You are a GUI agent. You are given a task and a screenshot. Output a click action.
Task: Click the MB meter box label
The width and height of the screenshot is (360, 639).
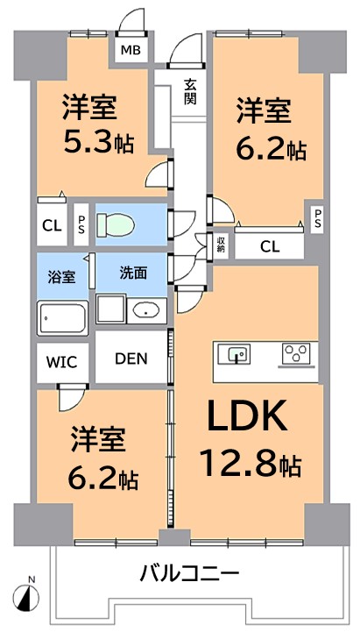pos(131,50)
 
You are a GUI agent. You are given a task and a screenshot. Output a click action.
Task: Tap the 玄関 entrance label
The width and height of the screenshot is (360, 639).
pos(189,92)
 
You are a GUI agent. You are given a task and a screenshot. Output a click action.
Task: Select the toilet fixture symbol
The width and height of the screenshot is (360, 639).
pos(116,224)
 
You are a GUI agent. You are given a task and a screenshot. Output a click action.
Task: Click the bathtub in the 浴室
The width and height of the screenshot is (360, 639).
pos(62,318)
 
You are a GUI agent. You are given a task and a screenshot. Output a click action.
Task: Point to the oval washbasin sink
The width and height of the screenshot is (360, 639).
pos(146,311)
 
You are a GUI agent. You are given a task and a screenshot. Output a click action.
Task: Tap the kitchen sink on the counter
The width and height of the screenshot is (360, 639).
pos(233,353)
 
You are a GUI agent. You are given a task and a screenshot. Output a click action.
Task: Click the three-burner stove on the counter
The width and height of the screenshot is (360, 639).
pos(295,353)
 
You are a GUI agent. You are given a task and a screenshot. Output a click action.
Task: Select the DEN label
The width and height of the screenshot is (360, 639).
pos(131,359)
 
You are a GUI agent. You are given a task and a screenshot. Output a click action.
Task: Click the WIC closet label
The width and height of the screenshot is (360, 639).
pos(61,362)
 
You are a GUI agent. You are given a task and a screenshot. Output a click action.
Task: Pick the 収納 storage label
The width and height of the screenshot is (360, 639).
pos(221,244)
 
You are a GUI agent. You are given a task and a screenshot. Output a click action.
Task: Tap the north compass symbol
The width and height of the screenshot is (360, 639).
pos(26,598)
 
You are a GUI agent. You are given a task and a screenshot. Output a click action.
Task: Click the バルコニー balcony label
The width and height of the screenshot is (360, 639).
pos(189,574)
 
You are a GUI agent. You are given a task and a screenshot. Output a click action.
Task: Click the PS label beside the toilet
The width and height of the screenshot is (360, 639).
pos(81,224)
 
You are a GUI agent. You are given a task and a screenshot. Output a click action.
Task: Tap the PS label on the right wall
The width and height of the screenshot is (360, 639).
pos(317,218)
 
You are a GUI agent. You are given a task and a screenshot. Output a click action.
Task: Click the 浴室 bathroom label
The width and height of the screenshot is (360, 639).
pos(62,277)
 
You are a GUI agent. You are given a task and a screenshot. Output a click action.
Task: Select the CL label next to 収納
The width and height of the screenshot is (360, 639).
pos(270,246)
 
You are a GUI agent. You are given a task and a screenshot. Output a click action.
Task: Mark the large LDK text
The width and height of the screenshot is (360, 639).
pos(247,415)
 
